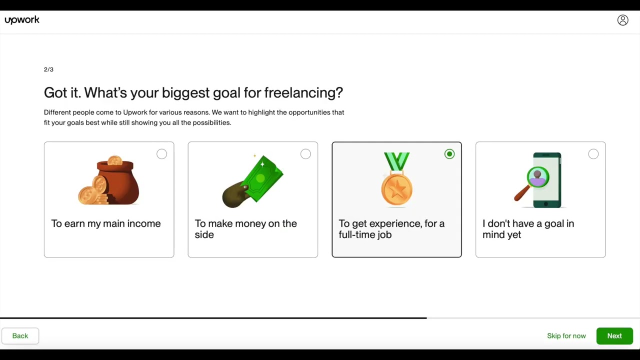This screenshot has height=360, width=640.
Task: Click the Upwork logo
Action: pyautogui.click(x=22, y=20)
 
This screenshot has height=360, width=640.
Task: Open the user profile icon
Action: pyautogui.click(x=622, y=20)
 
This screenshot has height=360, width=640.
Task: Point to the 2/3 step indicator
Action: pyautogui.click(x=48, y=69)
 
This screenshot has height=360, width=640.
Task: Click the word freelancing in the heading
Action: pyautogui.click(x=303, y=93)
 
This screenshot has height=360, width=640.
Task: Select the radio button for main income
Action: pyautogui.click(x=161, y=154)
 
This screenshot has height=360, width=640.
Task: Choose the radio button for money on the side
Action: pyautogui.click(x=305, y=154)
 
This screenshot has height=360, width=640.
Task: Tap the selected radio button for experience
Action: pyautogui.click(x=449, y=154)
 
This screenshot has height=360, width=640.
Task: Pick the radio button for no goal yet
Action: pyautogui.click(x=593, y=154)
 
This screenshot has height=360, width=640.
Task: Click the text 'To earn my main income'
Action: pyautogui.click(x=106, y=223)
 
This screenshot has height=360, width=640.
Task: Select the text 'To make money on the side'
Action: pyautogui.click(x=245, y=229)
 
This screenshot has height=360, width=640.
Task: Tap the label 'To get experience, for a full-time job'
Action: pyautogui.click(x=391, y=229)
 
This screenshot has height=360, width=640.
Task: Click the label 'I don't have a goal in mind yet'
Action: pyautogui.click(x=528, y=229)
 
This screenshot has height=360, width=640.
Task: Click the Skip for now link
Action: pyautogui.click(x=566, y=336)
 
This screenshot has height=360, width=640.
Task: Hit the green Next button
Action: pyautogui.click(x=614, y=336)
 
